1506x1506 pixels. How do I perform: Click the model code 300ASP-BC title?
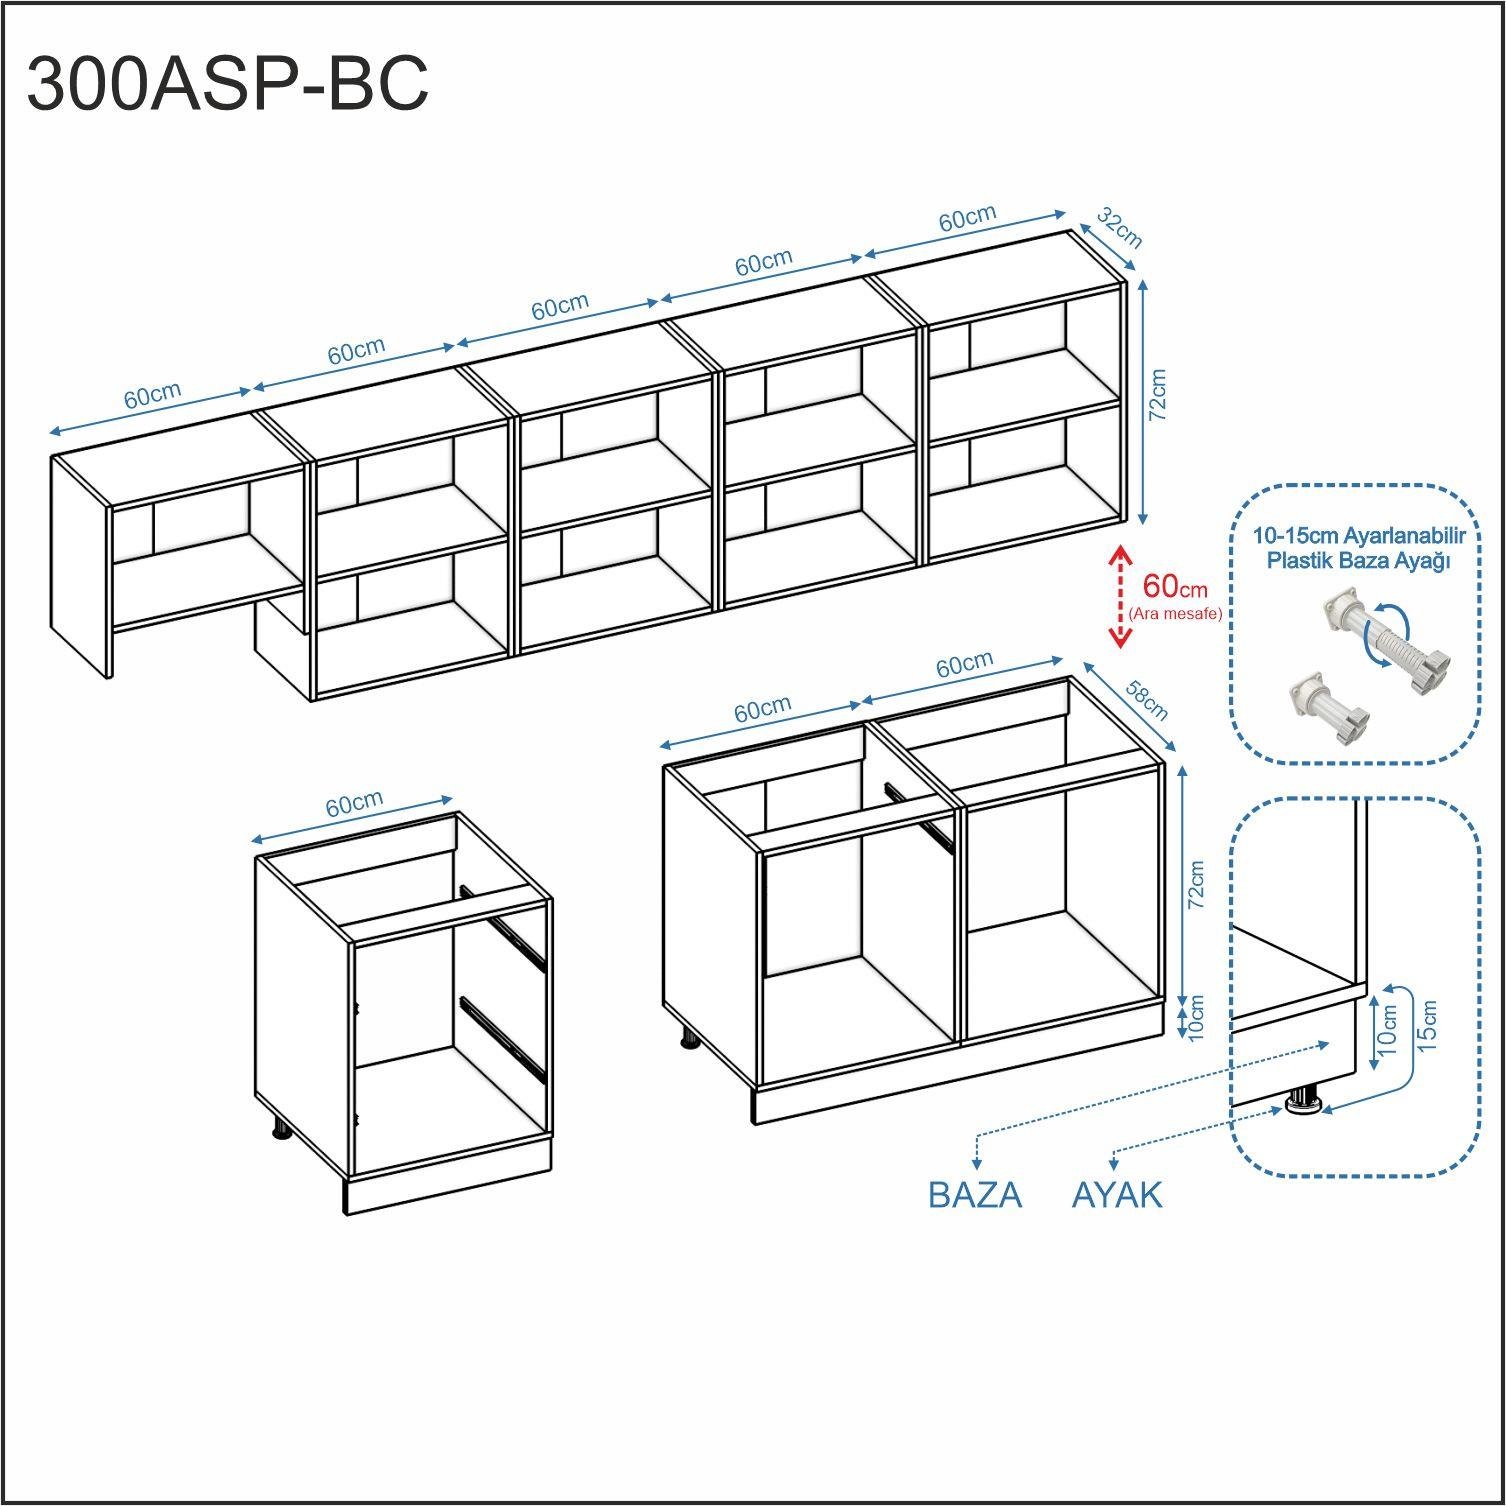coord(228,84)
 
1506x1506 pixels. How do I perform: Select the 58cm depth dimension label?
coord(1147,700)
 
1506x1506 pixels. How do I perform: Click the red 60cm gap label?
coord(1175,587)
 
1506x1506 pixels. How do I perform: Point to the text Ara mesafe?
coord(1175,613)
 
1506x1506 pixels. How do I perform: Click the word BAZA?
coord(975,1195)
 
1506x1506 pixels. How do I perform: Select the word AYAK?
coord(1117,1195)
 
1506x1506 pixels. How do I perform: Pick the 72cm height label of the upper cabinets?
coord(1158,395)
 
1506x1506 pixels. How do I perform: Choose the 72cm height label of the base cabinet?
coord(1196,885)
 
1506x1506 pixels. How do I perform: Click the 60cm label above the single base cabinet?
coord(354,803)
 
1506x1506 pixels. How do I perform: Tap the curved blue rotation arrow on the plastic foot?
coord(1389,631)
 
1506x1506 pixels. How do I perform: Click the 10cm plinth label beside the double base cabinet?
coord(1196,1016)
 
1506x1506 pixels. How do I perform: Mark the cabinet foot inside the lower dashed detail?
coord(1303,1101)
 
